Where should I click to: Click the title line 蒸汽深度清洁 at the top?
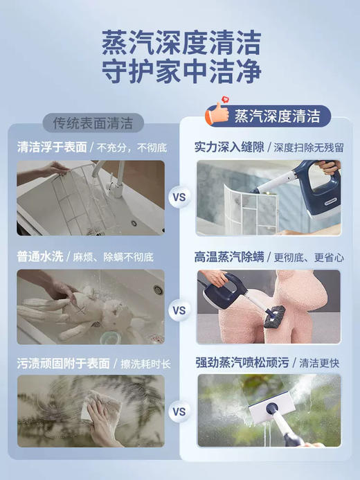pos(180,43)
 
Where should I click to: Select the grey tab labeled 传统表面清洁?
pos(93,123)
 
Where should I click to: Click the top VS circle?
pos(179,197)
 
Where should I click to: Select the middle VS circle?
pos(179,310)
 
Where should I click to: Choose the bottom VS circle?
pos(179,411)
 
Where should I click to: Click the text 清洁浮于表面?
pos(52,147)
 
